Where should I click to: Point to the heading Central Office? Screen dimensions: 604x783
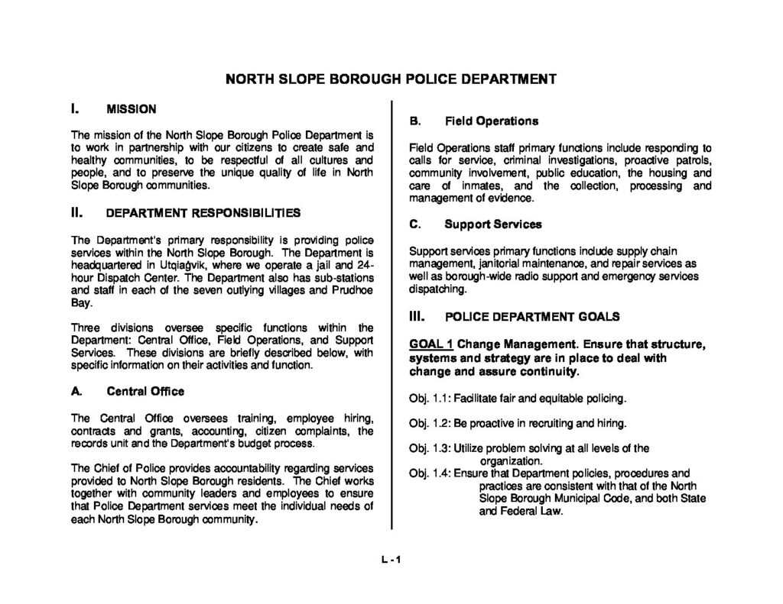click(x=145, y=391)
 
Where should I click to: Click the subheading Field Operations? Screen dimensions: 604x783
click(x=492, y=121)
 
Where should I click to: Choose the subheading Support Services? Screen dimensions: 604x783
click(x=492, y=224)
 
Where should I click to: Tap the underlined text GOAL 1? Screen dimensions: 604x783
click(x=431, y=344)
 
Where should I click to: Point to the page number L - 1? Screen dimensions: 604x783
click(x=391, y=559)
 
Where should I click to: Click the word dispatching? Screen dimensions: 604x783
click(x=437, y=289)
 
